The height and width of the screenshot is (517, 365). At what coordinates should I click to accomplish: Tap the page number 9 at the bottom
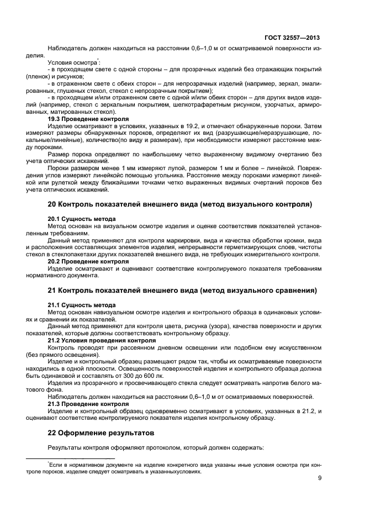pos(320,479)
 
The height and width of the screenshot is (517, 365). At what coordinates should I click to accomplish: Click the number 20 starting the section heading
pos(53,204)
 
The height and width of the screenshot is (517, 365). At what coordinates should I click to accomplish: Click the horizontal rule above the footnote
pos(70,458)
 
